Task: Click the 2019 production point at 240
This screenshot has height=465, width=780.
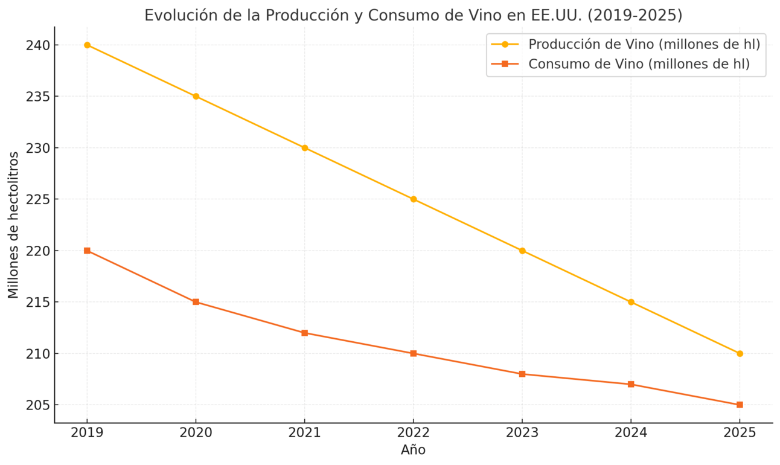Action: [x=87, y=45]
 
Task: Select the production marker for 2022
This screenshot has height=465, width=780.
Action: [x=414, y=199]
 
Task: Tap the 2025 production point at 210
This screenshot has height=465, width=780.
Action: [x=740, y=353]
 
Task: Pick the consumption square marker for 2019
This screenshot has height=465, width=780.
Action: [x=87, y=251]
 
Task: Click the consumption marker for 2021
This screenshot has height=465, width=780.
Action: [x=305, y=333]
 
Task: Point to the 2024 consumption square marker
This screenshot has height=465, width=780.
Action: [x=631, y=384]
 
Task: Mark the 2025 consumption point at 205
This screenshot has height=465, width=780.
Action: [x=740, y=405]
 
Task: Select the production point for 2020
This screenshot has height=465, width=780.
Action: [x=196, y=97]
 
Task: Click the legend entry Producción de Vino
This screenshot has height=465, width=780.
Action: [x=644, y=44]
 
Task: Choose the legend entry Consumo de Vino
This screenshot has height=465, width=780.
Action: [x=639, y=64]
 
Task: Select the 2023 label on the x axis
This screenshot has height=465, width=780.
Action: [x=522, y=432]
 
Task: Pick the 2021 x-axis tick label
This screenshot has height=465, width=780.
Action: [x=305, y=432]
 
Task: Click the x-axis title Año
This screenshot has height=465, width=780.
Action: [x=413, y=450]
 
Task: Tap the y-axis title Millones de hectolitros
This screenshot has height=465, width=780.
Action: [x=13, y=225]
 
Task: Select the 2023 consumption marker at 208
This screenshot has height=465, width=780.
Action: [x=522, y=374]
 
